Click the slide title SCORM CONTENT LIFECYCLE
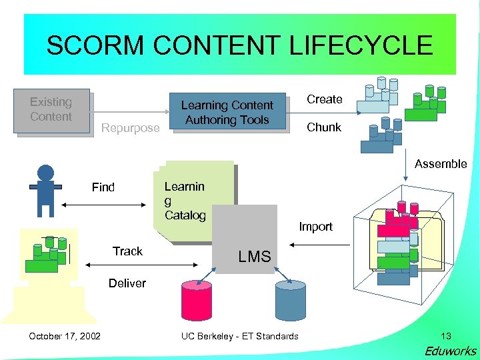coord(239,45)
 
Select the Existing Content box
coord(52,110)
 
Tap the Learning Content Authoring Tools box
coord(227,112)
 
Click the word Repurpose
coord(131,128)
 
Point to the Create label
coord(324,99)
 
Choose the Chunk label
coord(323,127)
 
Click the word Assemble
coord(440,164)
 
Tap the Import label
coord(315,227)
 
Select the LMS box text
coord(255,256)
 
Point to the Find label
coord(103,187)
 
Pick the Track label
coord(127,251)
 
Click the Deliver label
coord(127,283)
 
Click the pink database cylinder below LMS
coord(197,299)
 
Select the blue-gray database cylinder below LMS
coord(290,299)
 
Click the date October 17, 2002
coord(65,336)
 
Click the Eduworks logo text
coord(451,351)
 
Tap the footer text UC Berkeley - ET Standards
coord(240,336)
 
